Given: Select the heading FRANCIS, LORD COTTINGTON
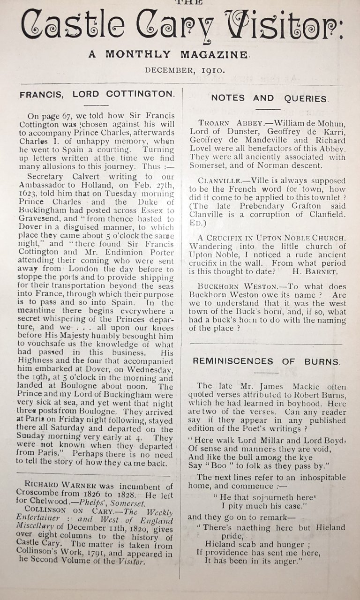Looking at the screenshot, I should coord(97,94).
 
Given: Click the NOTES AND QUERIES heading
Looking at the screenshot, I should coord(270,98).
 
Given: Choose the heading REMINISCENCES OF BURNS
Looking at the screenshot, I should coord(266,361).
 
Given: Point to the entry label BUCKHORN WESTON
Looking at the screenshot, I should coord(232,286).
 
